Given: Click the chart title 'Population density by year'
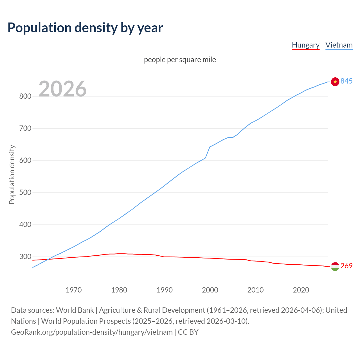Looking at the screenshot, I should [x=85, y=28].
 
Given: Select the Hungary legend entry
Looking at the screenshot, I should [x=305, y=45].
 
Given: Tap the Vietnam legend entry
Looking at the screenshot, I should [x=339, y=45].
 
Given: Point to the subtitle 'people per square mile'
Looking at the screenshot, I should [x=180, y=60].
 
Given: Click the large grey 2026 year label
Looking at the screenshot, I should [x=62, y=89].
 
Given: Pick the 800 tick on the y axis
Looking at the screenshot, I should [x=25, y=96].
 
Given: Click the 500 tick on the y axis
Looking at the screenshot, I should [x=25, y=193].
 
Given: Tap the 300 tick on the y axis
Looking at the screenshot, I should [x=25, y=256].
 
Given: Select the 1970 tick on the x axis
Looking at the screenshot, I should [x=74, y=290].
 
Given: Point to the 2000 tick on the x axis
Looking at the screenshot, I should [x=210, y=290].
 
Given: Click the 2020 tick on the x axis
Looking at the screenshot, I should [x=301, y=290].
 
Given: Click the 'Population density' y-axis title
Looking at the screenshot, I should [x=12, y=174].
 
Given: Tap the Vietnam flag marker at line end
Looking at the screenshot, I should [x=335, y=82].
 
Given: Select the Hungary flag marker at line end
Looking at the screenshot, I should [x=335, y=266].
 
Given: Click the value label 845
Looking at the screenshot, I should [x=346, y=81].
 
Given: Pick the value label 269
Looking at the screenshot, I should [x=346, y=266].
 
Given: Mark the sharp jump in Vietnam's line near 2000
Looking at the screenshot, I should [x=208, y=152].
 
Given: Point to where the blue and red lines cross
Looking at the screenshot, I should [x=48, y=259].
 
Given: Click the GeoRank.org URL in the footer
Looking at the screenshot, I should [x=92, y=332].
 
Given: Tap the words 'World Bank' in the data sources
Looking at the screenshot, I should [x=75, y=310].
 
